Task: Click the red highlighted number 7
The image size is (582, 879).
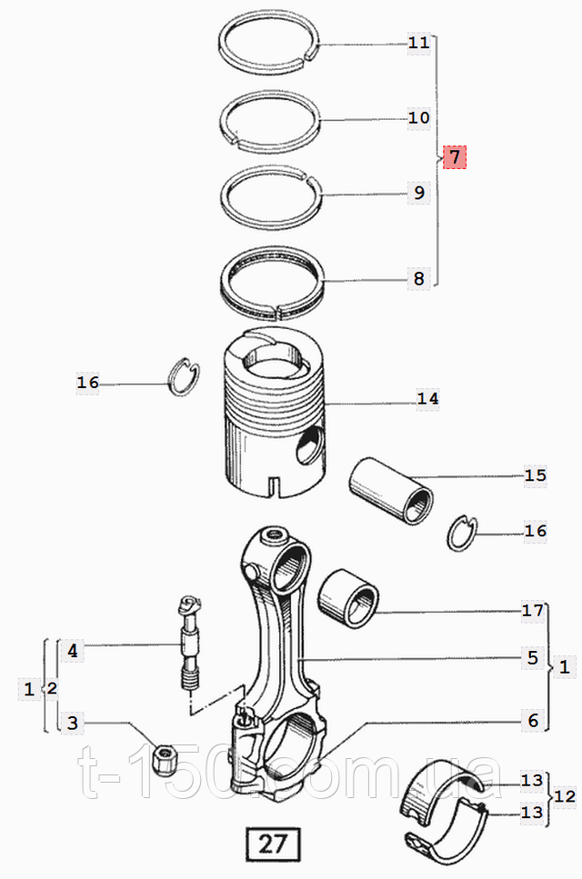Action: (x=454, y=156)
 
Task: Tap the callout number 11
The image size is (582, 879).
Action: (x=419, y=42)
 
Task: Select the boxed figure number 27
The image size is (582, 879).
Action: (x=273, y=844)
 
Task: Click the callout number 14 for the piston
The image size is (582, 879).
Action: (x=427, y=398)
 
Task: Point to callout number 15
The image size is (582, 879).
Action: (x=535, y=475)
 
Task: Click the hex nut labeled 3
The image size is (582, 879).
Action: (x=165, y=759)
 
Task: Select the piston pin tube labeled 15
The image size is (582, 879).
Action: (x=391, y=491)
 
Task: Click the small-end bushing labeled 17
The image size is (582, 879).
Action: (x=348, y=599)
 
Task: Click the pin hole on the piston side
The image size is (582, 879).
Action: (x=310, y=445)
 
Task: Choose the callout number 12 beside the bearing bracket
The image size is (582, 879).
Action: (x=565, y=796)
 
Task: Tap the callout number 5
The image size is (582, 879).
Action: (x=533, y=657)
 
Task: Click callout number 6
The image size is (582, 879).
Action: (x=533, y=720)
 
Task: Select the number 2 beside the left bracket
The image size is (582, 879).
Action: (x=52, y=688)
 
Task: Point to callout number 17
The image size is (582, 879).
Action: (x=533, y=610)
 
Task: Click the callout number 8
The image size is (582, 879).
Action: (x=419, y=279)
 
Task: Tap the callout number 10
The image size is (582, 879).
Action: (x=419, y=118)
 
